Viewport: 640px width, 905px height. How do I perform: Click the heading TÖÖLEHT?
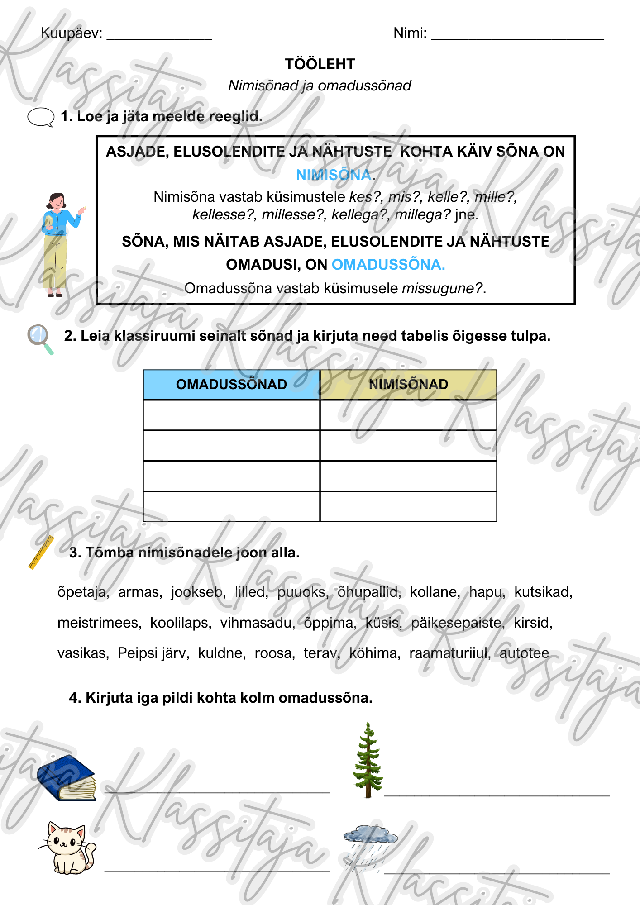click(320, 64)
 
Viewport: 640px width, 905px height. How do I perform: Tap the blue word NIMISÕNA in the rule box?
click(334, 175)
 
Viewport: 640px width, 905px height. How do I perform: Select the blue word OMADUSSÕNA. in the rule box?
click(388, 264)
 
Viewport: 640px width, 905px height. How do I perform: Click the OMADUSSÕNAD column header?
click(231, 385)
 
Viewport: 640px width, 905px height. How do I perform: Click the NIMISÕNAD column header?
click(408, 385)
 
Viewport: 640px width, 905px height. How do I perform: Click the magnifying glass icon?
click(40, 339)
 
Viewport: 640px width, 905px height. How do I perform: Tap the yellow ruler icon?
click(41, 552)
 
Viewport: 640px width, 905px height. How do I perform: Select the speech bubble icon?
click(41, 118)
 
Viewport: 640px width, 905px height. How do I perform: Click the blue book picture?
click(67, 777)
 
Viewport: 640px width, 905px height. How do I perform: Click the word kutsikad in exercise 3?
click(543, 592)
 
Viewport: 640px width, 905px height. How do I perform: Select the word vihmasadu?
click(257, 623)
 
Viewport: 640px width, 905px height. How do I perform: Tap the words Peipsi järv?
click(153, 653)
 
